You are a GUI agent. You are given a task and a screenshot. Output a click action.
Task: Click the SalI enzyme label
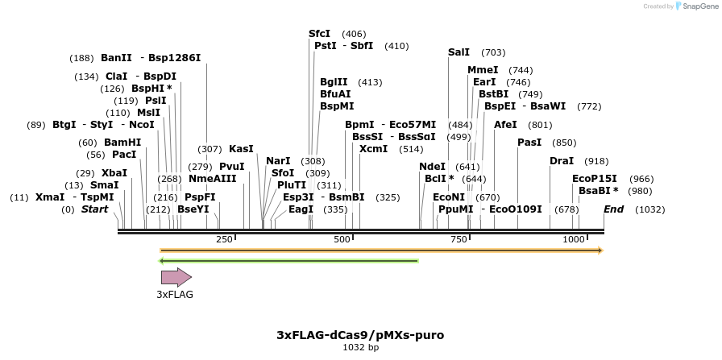coord(459,52)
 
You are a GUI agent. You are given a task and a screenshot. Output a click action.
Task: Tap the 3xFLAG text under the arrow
coord(175,295)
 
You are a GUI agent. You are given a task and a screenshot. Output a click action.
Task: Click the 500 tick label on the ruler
coord(342,239)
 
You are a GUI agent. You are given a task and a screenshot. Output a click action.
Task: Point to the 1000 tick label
coord(573,239)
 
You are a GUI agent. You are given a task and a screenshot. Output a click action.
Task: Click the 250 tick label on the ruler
coord(224,239)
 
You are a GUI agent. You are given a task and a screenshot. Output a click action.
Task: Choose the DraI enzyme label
coord(562,161)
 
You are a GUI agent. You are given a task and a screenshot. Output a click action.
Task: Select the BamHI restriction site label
coord(122,143)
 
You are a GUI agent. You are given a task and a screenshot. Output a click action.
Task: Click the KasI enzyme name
coord(241,149)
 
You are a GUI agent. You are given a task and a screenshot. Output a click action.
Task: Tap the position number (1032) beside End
coord(649,209)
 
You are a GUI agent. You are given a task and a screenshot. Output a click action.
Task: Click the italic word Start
coord(94,209)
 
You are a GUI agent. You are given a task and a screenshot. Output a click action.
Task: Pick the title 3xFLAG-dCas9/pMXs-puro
coord(360,334)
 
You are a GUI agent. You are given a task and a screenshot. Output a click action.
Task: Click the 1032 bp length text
coord(360,347)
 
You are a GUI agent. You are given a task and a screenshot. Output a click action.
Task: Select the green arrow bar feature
coord(288,261)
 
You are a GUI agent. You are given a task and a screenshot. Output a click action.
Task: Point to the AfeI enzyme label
coord(505,125)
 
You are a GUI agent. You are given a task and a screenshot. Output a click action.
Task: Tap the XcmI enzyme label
coord(374,149)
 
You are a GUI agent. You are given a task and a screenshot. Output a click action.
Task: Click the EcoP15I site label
coord(594,179)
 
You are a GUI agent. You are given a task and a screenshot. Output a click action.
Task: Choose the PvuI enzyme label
coord(232,167)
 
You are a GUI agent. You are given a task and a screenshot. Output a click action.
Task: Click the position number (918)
coord(596,161)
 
